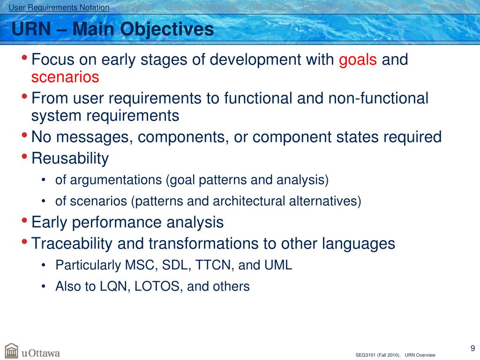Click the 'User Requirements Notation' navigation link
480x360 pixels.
pyautogui.click(x=59, y=7)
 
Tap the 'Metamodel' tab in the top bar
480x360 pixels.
pyautogui.click(x=450, y=7)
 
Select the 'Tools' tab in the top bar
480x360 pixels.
pyautogui.click(x=410, y=7)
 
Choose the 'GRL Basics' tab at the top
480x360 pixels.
pyautogui.click(x=270, y=7)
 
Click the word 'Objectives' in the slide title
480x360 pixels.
pyautogui.click(x=167, y=30)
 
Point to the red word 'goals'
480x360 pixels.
pyautogui.click(x=358, y=60)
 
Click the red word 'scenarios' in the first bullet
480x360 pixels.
pyautogui.click(x=65, y=77)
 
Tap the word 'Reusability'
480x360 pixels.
pyautogui.click(x=70, y=158)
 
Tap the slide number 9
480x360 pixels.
pyautogui.click(x=472, y=348)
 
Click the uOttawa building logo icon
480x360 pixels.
pyautogui.click(x=11, y=351)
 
